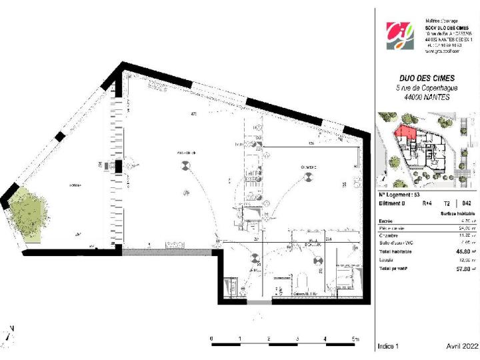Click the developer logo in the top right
[x=400, y=36]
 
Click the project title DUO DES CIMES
[x=427, y=77]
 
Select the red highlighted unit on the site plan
[x=405, y=136]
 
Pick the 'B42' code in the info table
[x=467, y=203]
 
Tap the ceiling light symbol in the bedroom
[x=308, y=177]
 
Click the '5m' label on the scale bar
[x=355, y=339]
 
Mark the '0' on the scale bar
[x=212, y=339]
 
